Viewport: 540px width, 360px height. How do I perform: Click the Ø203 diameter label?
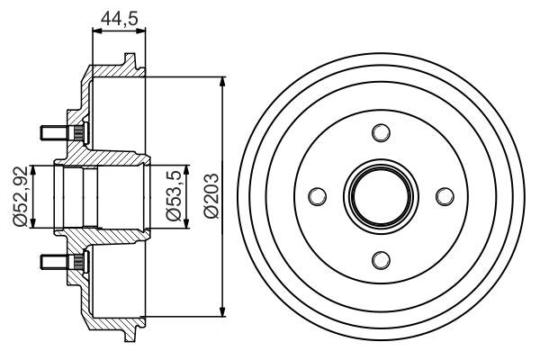tap(210, 196)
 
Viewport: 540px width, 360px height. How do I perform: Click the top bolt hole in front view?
tap(380, 133)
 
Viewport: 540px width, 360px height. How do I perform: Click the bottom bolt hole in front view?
tap(380, 260)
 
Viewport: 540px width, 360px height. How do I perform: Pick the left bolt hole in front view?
tap(316, 196)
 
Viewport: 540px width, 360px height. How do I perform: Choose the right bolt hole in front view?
tap(443, 196)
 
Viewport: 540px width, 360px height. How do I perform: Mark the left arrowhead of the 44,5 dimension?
tap(96, 30)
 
